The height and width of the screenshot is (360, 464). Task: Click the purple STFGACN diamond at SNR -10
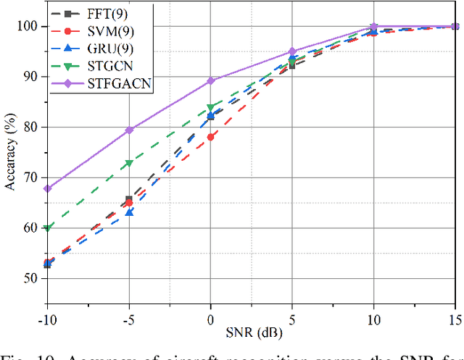(47, 188)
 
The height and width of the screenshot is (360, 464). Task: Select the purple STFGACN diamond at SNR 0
(211, 80)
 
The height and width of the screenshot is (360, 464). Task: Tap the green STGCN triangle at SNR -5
(129, 164)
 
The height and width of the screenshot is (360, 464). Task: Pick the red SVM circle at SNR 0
(211, 137)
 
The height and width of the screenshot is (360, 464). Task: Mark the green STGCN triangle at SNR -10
(47, 228)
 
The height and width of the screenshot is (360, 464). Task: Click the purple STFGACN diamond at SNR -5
(129, 130)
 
